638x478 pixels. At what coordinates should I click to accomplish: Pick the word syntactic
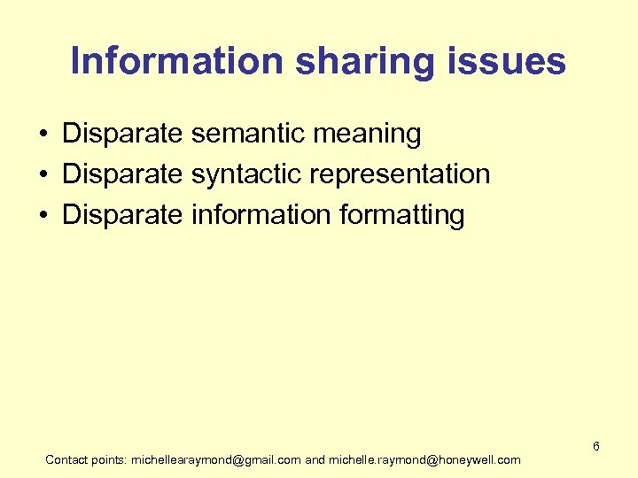point(246,175)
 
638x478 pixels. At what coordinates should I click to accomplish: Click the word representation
point(400,175)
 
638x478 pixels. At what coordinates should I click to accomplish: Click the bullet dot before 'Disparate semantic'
point(43,135)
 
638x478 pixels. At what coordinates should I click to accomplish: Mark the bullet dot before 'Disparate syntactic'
point(43,175)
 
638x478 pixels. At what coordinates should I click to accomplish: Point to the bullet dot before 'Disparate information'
point(43,215)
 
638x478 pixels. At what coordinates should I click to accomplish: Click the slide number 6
point(596,446)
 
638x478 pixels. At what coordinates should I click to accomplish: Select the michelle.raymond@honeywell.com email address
point(425,460)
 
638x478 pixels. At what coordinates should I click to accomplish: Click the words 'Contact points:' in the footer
point(86,460)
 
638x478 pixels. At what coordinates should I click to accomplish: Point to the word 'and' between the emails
point(315,460)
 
